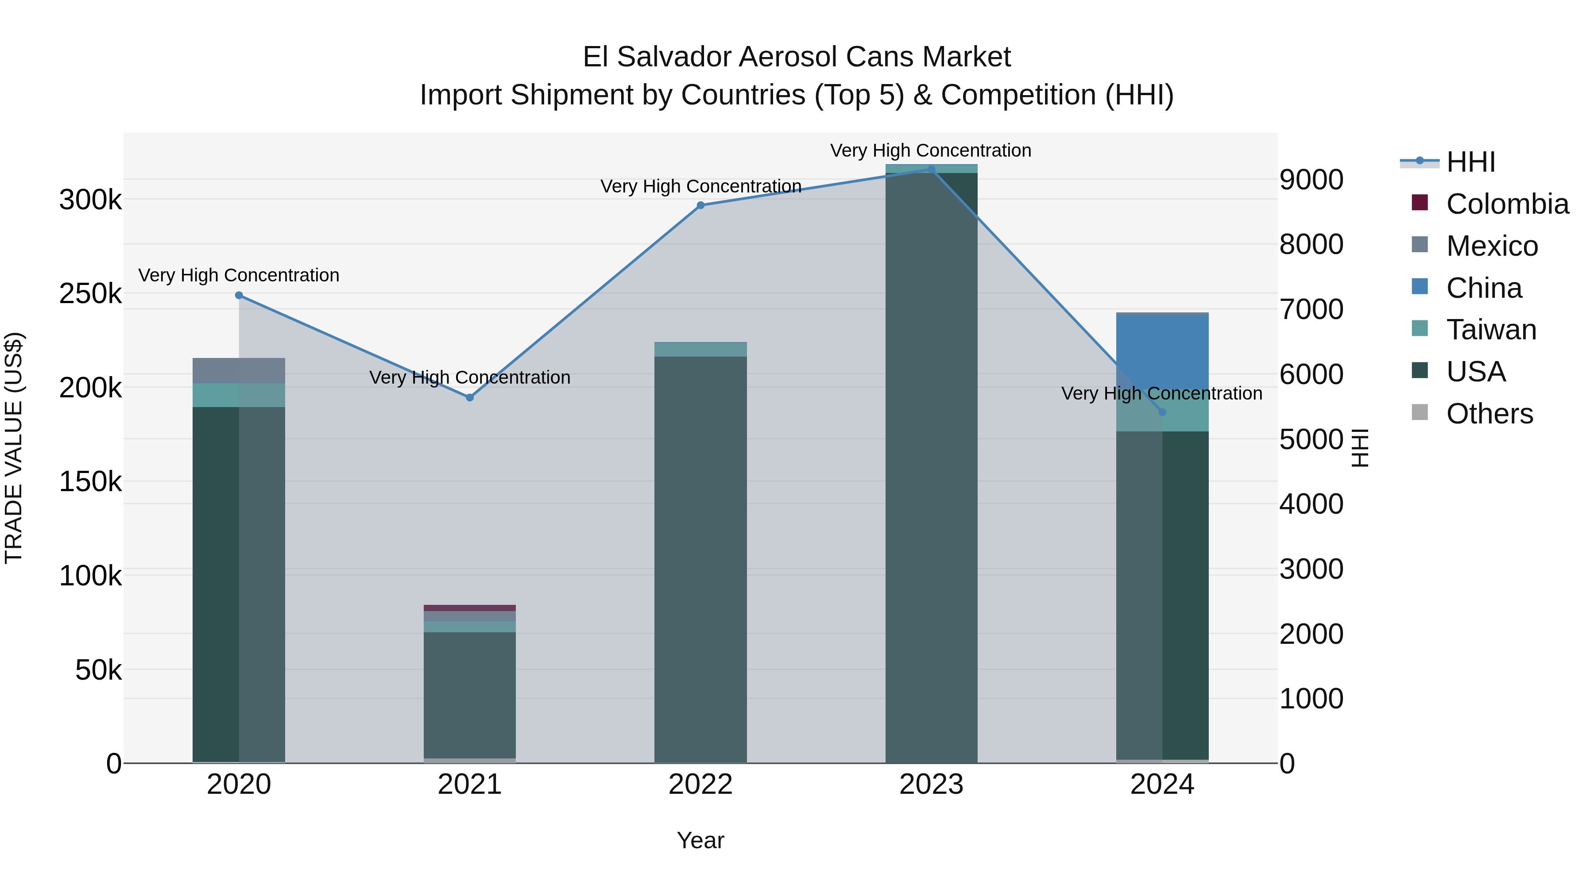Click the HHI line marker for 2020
239,296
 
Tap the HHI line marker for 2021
470,398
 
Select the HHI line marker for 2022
700,205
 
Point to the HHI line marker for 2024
1162,412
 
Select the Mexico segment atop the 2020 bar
239,370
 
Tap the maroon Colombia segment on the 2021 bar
470,608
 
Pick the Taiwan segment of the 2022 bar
700,350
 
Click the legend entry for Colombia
1506,204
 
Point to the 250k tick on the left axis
90,294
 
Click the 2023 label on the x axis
931,784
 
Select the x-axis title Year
700,840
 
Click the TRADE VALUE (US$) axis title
14,448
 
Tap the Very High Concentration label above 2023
931,150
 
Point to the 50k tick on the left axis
98,670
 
